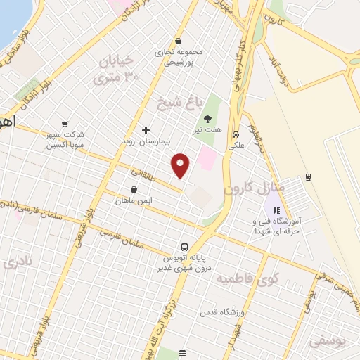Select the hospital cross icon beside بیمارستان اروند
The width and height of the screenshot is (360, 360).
pos(146,130)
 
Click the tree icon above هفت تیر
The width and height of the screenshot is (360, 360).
pos(207,119)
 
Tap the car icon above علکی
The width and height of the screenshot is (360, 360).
pos(236,134)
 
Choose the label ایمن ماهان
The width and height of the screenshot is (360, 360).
pos(134,200)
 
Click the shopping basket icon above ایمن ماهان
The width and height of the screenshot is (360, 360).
pos(134,189)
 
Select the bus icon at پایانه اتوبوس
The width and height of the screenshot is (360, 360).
pos(184,247)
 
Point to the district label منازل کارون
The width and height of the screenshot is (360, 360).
pos(254,188)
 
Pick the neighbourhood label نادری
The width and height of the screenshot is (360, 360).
pos(18,263)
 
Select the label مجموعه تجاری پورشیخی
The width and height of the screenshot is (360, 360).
pos(181,57)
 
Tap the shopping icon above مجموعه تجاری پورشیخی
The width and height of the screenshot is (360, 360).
pos(179,41)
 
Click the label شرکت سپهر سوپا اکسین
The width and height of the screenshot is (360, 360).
pos(65,139)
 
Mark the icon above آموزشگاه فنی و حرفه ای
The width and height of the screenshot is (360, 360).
pos(276,210)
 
